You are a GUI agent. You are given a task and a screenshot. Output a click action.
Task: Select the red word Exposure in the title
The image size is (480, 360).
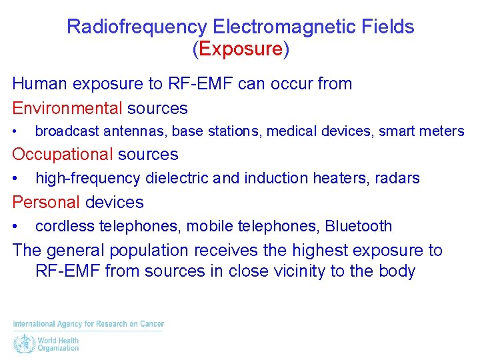pyautogui.click(x=240, y=49)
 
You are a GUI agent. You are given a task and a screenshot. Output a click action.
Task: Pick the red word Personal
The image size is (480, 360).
pyautogui.click(x=45, y=202)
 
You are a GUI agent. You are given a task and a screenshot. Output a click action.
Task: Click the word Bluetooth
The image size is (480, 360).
pyautogui.click(x=359, y=227)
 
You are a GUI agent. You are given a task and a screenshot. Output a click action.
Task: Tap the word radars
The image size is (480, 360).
pyautogui.click(x=397, y=179)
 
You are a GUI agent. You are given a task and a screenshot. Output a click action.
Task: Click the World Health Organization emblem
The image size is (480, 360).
pyautogui.click(x=23, y=344)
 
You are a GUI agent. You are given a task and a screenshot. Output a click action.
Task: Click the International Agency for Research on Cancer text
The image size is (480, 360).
pyautogui.click(x=88, y=324)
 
